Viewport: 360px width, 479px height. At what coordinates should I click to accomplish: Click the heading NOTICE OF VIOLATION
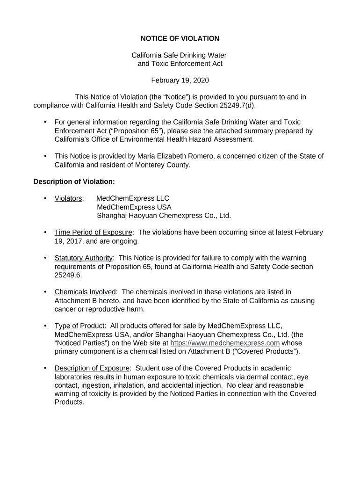(x=180, y=38)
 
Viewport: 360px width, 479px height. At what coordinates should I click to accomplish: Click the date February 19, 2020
(x=180, y=80)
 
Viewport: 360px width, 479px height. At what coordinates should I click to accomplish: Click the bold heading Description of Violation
(x=74, y=181)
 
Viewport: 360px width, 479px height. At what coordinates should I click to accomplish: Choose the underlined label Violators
(x=68, y=198)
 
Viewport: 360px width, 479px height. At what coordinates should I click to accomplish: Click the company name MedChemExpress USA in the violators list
(x=134, y=207)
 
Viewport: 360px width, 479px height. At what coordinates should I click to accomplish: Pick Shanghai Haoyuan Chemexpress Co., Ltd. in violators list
(x=164, y=216)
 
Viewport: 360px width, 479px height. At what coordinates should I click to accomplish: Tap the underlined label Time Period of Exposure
(x=94, y=232)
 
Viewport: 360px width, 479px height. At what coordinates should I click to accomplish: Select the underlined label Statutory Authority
(x=84, y=258)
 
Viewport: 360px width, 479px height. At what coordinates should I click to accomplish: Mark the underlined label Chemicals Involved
(x=85, y=292)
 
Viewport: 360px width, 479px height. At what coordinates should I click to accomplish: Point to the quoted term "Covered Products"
(x=273, y=351)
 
